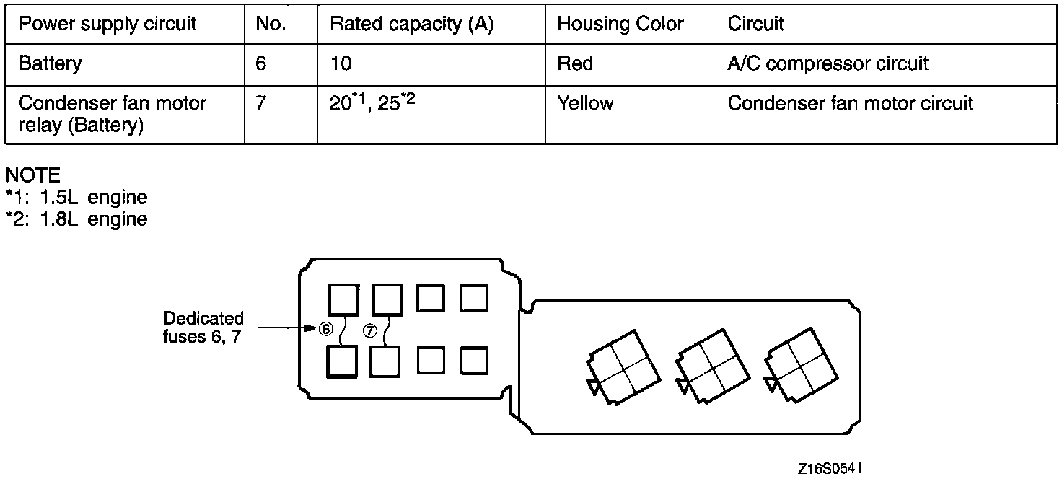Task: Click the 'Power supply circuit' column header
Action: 107,24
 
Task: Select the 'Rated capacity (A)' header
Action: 411,24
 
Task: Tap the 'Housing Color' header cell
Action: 620,24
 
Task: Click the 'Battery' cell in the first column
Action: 50,63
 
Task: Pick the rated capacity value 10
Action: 341,63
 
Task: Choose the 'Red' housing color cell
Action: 575,63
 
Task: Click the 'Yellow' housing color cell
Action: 585,103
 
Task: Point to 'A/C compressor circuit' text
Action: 828,63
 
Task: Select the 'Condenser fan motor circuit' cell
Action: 850,103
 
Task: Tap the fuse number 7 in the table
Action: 260,103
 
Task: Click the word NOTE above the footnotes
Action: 32,175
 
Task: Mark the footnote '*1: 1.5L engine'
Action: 76,197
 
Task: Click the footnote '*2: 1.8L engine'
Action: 76,219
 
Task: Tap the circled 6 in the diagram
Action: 326,330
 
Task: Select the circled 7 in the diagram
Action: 370,330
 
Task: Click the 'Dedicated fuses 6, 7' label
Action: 203,328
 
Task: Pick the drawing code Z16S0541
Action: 830,468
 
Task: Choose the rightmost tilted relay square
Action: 801,364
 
